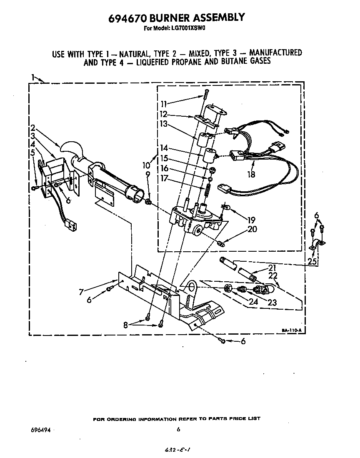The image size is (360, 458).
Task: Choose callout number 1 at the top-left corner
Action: pyautogui.click(x=33, y=77)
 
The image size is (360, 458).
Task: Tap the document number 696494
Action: pyautogui.click(x=41, y=430)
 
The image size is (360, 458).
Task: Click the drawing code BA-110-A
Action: pyautogui.click(x=291, y=330)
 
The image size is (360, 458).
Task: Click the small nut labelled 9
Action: pyautogui.click(x=148, y=202)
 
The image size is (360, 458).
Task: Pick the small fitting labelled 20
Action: pyautogui.click(x=222, y=243)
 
